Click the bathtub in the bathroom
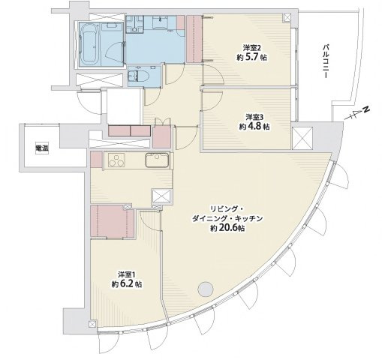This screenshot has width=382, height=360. tap(89, 44)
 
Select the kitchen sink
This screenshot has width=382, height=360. tap(157, 160)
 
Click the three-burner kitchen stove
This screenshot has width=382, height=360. tap(116, 160)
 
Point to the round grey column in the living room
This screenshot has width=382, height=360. tap(206, 289)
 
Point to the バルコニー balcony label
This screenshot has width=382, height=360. tap(326, 61)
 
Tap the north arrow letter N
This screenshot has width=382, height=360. tap(366, 109)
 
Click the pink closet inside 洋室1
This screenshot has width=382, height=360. tap(112, 220)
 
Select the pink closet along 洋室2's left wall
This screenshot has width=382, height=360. tap(194, 38)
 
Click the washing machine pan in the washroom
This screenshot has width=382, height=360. tap(160, 23)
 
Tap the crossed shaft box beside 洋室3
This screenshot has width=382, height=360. tap(302, 138)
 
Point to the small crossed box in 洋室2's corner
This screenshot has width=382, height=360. tap(287, 17)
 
